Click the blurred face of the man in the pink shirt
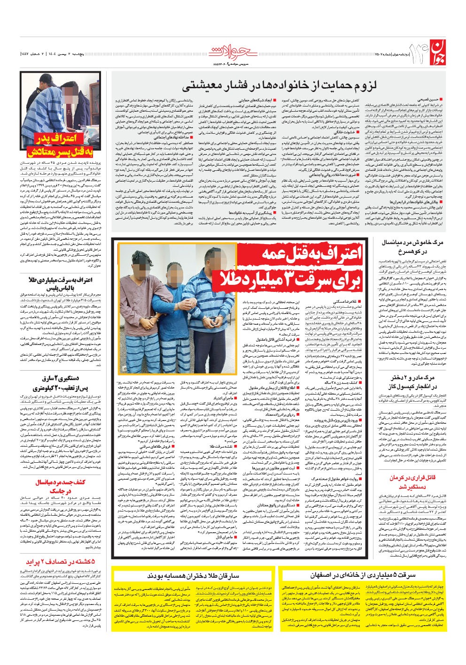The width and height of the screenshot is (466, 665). point(141,259)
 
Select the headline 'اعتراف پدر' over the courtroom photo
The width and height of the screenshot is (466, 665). point(59,139)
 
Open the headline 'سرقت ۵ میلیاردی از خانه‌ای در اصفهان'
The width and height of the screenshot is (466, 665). point(362,575)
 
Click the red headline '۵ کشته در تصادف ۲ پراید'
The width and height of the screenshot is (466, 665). point(60,562)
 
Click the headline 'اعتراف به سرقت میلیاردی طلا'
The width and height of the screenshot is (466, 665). point(60,280)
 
